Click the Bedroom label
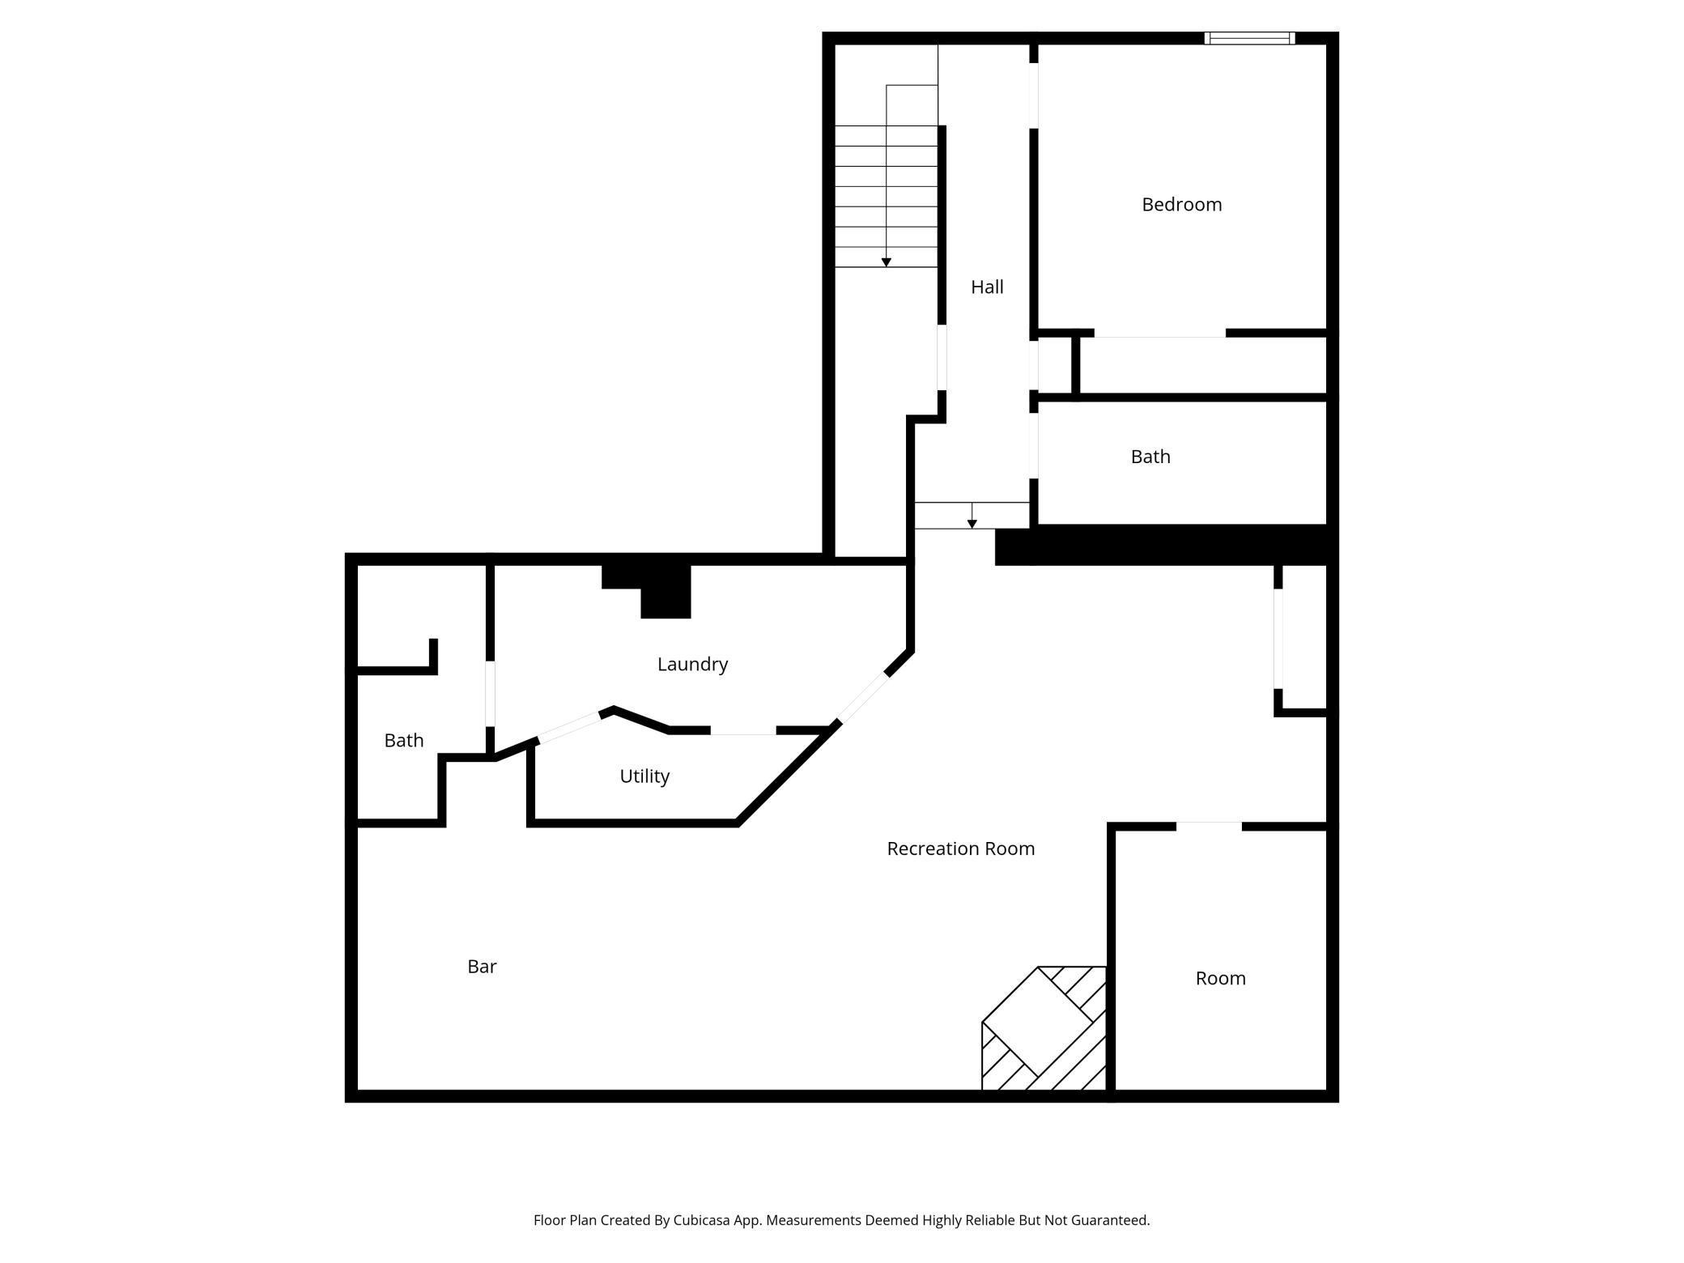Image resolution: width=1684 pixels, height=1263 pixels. tap(1181, 205)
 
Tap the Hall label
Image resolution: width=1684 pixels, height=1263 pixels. tap(987, 287)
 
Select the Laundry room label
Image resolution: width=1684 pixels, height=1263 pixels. tap(692, 665)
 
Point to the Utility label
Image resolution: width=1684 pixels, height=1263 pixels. tap(644, 776)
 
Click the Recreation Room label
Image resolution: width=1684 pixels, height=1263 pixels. tap(960, 848)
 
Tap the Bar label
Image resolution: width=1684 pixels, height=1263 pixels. tap(482, 967)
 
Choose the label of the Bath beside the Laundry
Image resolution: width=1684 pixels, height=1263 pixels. tap(403, 741)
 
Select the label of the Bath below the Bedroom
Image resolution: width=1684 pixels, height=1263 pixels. tap(1150, 457)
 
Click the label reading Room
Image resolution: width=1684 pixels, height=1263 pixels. tap(1220, 978)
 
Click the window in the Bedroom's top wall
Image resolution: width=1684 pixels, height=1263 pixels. tap(1249, 38)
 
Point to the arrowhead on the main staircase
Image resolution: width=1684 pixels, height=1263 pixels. tap(887, 262)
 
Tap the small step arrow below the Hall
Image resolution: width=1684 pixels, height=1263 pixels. tap(972, 524)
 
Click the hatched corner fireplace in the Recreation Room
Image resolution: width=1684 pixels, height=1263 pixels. tap(1044, 1028)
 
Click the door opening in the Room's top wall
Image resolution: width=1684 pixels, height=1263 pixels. tap(1209, 827)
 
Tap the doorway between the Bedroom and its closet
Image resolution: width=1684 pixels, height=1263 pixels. tap(1159, 334)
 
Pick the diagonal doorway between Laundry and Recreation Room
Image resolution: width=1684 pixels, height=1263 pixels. tap(863, 698)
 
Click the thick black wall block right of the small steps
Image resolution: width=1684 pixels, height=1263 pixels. tap(1161, 545)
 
